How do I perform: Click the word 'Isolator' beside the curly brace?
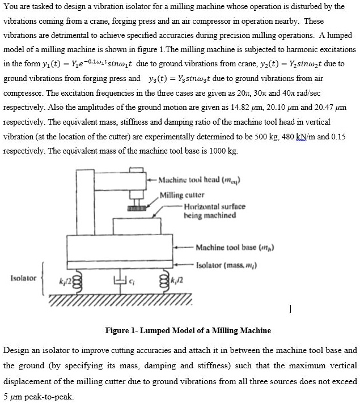[23, 278]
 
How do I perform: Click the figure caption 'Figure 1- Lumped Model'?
[180, 330]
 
